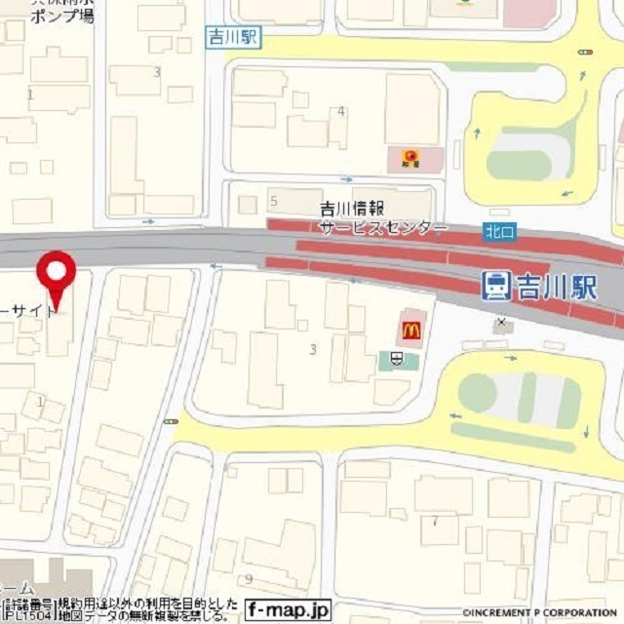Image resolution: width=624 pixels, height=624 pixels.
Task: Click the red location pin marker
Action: click(57, 273)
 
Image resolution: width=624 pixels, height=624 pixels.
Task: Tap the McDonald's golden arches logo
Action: click(409, 330)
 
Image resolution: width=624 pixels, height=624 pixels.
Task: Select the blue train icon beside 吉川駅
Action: click(496, 286)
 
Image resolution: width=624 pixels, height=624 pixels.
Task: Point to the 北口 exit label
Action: click(494, 232)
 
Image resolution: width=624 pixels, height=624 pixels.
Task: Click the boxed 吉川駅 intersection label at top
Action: click(235, 36)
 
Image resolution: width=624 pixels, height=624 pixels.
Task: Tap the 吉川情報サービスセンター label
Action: click(382, 217)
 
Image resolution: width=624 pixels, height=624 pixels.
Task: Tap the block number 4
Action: click(340, 111)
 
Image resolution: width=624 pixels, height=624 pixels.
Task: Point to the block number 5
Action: click(274, 202)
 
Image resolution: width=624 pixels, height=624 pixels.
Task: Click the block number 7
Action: click(435, 522)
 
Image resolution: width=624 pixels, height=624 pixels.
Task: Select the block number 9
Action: click(250, 578)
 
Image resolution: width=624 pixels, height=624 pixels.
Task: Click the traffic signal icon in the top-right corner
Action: click(585, 51)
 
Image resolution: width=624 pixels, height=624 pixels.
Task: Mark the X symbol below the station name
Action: click(501, 322)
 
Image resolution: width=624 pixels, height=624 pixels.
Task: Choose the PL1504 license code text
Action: click(25, 615)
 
